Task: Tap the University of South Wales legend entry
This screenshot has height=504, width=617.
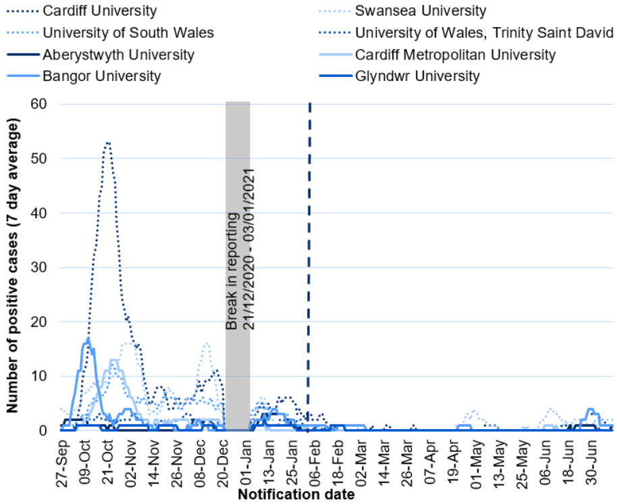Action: coord(128,32)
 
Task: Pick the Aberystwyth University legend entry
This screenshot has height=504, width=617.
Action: coord(118,55)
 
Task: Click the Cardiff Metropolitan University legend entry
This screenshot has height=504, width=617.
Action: coord(456,55)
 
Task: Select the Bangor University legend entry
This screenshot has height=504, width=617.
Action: coord(101,76)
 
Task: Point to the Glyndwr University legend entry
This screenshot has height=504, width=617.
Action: coord(417,76)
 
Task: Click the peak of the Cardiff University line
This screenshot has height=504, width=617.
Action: coord(107,143)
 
